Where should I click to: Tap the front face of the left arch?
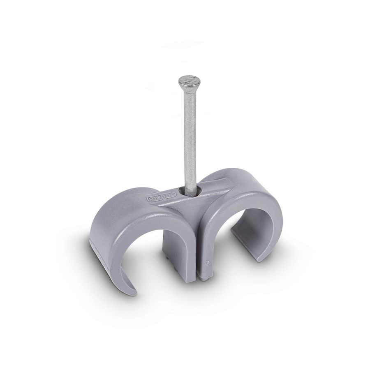(123, 230)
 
